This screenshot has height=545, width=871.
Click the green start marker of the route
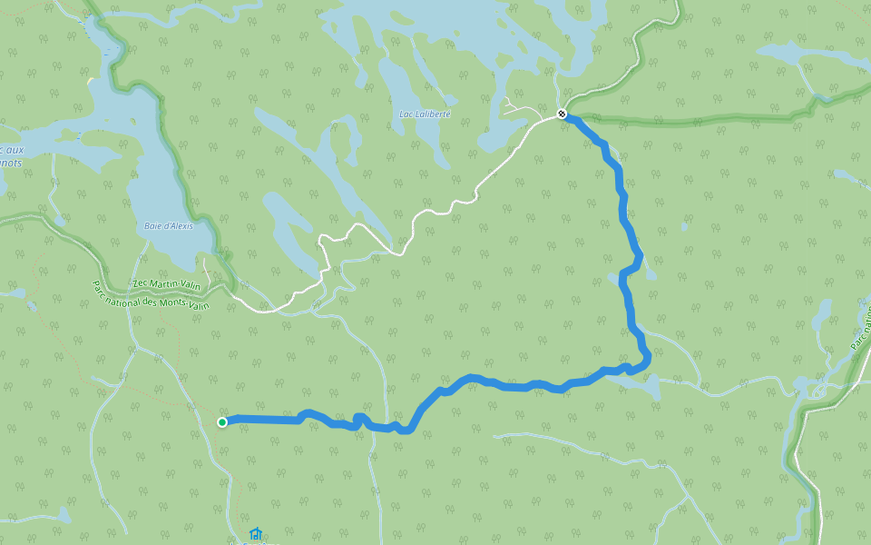tap(222, 421)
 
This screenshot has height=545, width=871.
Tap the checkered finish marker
tap(562, 114)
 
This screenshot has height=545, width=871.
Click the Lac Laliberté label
tap(425, 114)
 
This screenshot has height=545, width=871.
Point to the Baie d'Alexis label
tap(169, 226)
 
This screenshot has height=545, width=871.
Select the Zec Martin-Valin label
tap(167, 284)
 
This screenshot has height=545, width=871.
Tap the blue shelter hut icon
tap(255, 534)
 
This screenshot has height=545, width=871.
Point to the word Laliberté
tap(431, 114)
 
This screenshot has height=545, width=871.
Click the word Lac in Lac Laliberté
tap(406, 114)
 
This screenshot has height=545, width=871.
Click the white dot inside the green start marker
tap(222, 421)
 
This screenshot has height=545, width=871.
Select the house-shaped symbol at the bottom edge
tap(255, 534)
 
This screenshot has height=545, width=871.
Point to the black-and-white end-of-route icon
tap(562, 114)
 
